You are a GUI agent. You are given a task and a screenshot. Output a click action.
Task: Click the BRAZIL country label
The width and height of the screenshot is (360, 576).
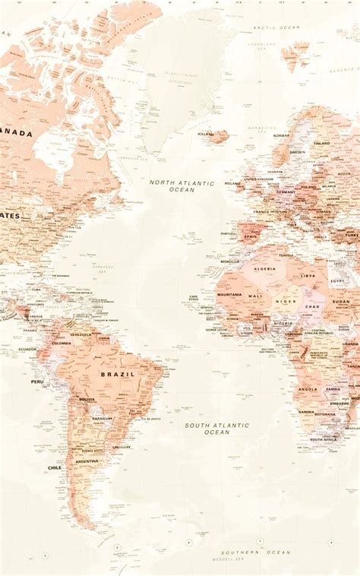(117, 374)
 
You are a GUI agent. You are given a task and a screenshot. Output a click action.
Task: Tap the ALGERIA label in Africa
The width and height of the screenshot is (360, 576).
(264, 268)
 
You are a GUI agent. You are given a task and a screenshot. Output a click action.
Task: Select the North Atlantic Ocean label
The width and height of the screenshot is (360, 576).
(182, 185)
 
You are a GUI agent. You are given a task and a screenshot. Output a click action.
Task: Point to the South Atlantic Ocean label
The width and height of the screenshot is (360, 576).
(216, 428)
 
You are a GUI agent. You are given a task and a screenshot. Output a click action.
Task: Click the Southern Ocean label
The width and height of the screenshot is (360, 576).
(245, 552)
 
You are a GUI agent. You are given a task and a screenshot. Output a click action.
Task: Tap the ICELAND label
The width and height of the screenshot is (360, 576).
(206, 134)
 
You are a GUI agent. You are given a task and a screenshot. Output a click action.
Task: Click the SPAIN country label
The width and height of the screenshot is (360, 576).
(250, 236)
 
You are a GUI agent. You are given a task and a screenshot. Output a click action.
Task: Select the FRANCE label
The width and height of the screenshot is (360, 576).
(261, 212)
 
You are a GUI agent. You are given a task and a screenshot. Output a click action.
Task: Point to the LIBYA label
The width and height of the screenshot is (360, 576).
(308, 276)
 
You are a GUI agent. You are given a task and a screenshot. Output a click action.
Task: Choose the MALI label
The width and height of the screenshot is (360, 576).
(255, 296)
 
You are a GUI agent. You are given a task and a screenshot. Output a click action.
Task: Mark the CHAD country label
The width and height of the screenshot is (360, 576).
(311, 306)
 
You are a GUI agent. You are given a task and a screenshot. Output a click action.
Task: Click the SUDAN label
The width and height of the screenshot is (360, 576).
(342, 301)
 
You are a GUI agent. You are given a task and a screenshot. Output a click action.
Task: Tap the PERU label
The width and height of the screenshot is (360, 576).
(37, 381)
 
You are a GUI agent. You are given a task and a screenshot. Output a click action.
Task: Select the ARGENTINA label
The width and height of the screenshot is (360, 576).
(87, 461)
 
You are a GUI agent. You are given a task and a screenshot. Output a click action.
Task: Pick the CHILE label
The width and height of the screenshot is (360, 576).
(55, 467)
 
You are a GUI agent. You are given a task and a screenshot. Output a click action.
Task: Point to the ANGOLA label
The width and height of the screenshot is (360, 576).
(307, 388)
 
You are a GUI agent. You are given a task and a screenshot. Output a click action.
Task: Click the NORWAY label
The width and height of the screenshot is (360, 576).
(281, 135)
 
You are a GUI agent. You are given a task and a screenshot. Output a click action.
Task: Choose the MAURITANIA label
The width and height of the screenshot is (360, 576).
(229, 294)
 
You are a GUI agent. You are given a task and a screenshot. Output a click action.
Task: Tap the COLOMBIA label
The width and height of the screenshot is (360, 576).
(62, 343)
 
